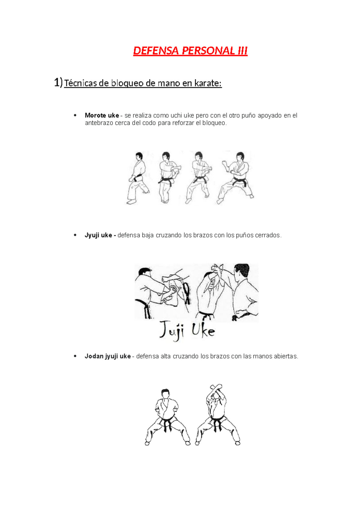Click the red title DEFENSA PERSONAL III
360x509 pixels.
click(190, 51)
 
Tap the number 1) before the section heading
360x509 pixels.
click(58, 82)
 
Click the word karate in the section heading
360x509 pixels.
click(208, 83)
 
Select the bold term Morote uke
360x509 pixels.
click(102, 116)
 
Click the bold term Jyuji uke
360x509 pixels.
click(98, 235)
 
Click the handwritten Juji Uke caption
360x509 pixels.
click(187, 331)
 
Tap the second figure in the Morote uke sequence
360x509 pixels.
click(169, 178)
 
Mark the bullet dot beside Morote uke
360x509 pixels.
click(75, 115)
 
